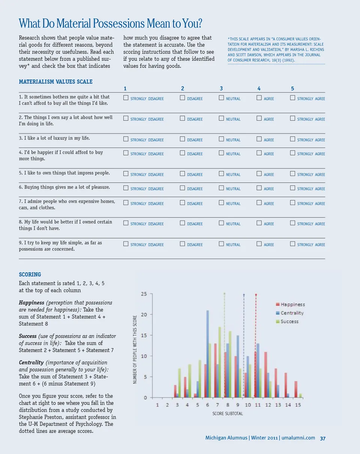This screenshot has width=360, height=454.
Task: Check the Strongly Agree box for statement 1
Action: point(292,98)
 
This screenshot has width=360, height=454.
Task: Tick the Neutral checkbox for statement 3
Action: point(221,139)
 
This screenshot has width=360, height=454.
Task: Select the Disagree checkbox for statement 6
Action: point(182,188)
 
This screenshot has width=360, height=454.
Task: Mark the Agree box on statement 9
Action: point(259,244)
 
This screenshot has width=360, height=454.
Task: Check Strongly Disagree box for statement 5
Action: point(126,174)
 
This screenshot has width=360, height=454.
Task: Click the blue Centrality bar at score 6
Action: point(207,354)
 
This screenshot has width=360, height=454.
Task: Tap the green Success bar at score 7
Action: point(219,362)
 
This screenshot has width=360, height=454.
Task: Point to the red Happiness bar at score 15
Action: point(296,389)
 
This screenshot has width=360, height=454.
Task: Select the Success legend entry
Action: point(289,321)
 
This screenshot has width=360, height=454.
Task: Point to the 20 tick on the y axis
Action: point(144,314)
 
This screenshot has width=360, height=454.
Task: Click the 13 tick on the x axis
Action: point(278,405)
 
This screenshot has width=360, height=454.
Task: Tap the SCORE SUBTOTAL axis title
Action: point(228,414)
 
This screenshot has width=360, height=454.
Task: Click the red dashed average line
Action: point(256,345)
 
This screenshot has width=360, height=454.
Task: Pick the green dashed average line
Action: point(225,345)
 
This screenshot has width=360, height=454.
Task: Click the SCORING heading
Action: point(30,275)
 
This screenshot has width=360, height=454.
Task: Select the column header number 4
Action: point(259,89)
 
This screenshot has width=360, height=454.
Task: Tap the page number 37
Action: point(322,438)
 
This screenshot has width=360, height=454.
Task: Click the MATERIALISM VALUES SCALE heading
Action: point(55,82)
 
